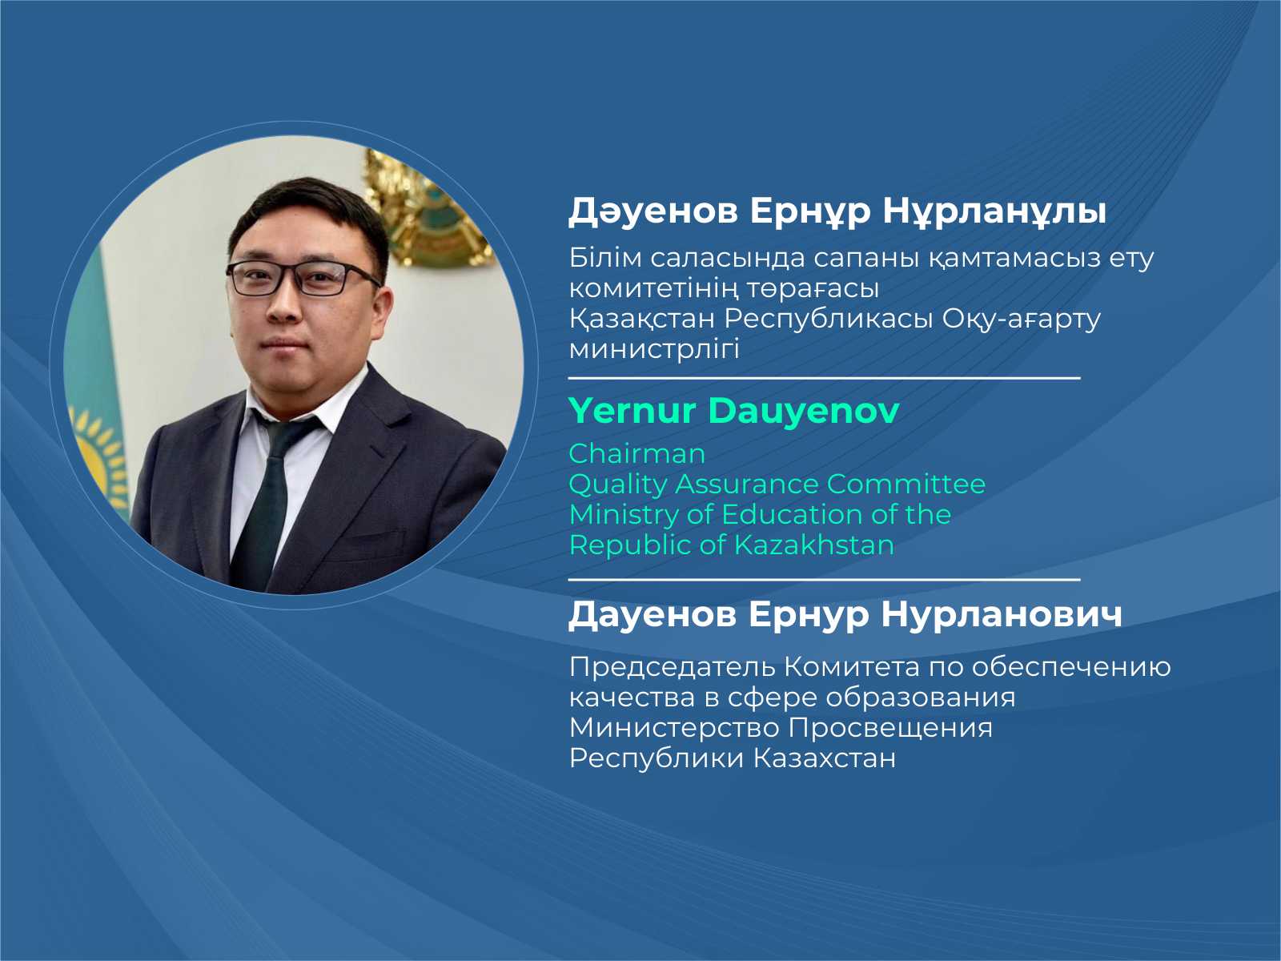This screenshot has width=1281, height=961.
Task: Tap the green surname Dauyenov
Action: coord(804,411)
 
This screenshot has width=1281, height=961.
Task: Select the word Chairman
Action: coord(636,454)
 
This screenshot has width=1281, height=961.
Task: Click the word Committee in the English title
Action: coord(906,485)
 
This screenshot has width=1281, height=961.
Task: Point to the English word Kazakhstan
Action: coord(813,545)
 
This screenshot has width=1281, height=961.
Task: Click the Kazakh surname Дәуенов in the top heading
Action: coord(653,211)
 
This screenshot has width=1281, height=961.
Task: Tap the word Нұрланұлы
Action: coord(994,211)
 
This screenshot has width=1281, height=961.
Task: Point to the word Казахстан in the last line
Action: coord(824,758)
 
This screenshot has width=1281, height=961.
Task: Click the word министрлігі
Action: coord(654,350)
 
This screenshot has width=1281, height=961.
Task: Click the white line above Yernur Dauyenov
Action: coord(824,379)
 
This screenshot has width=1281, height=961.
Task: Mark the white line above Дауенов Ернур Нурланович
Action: coord(824,580)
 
